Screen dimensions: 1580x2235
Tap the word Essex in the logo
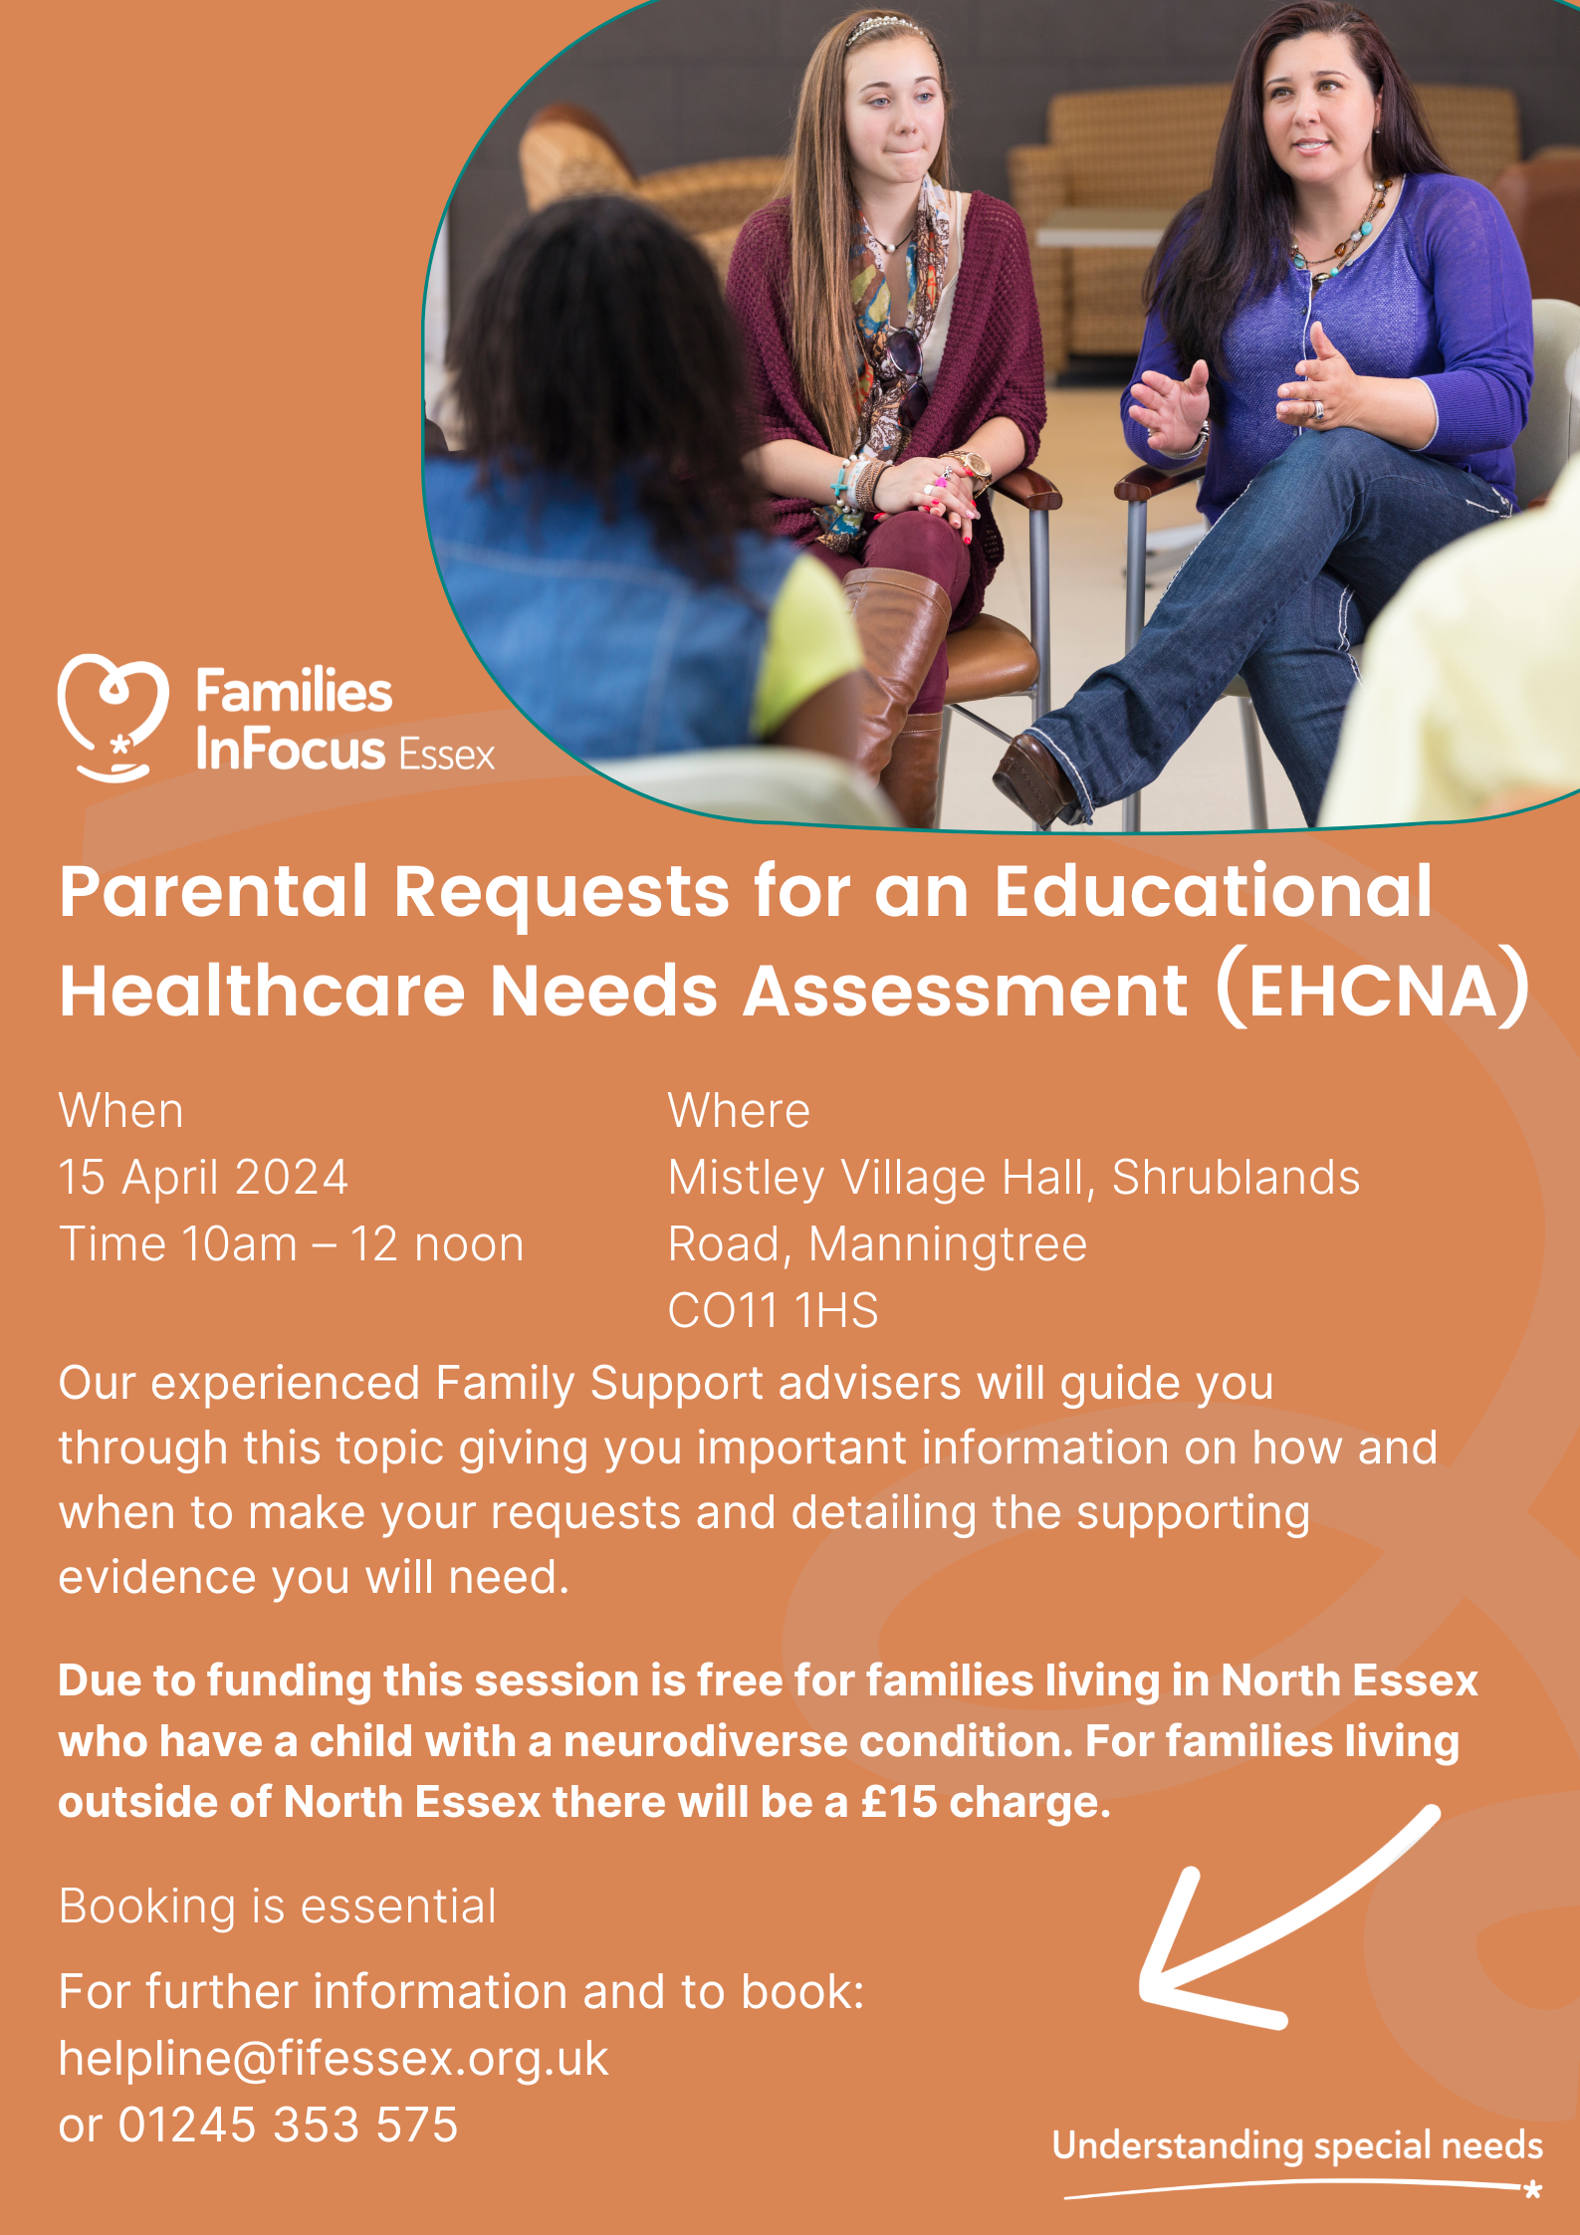(x=446, y=755)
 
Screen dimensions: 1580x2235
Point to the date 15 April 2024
(x=203, y=1177)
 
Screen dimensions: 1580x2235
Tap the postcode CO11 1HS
(x=773, y=1310)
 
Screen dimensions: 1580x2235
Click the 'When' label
(x=120, y=1111)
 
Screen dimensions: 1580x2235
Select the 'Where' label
(x=739, y=1111)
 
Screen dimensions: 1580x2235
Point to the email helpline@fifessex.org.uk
(x=334, y=2058)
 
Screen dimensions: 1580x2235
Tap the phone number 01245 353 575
(x=288, y=2124)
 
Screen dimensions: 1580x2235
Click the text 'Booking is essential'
(x=278, y=1906)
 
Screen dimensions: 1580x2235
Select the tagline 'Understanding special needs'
(x=1297, y=2145)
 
